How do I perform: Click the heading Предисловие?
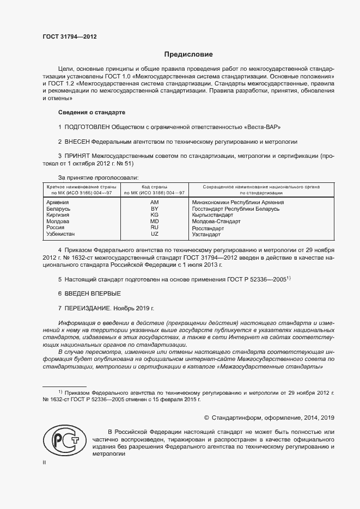(x=189, y=54)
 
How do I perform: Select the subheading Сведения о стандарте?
(x=91, y=112)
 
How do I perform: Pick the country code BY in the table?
(x=154, y=208)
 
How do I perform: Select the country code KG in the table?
(x=154, y=215)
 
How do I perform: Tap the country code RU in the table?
(x=154, y=228)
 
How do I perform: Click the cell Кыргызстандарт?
(x=214, y=215)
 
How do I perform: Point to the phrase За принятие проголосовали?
(x=98, y=177)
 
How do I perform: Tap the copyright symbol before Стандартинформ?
(x=207, y=418)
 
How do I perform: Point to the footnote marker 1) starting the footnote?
(x=60, y=392)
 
